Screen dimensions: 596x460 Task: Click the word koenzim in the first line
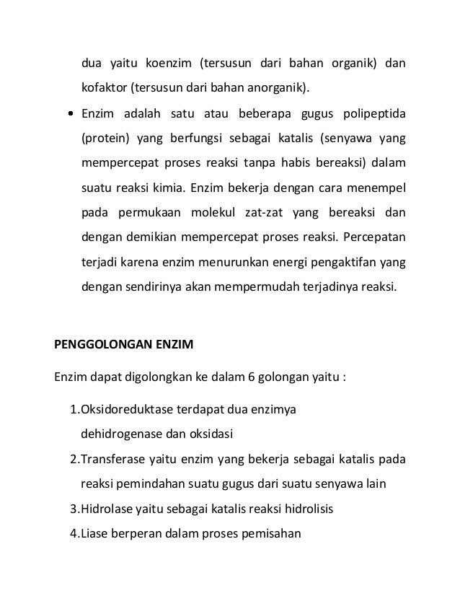167,63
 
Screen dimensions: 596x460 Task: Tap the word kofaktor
104,89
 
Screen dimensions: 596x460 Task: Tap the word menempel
375,190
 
